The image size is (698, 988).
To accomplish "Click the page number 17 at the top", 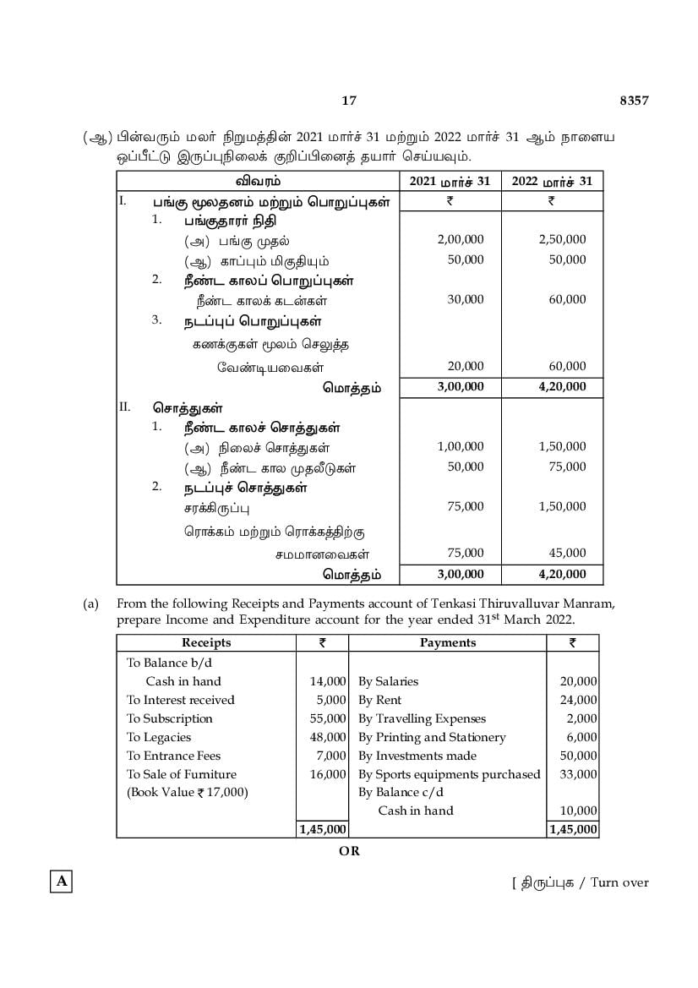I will tap(349, 101).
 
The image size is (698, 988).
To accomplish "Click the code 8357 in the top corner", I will tap(634, 101).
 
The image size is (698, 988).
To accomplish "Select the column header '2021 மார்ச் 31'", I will tap(450, 181).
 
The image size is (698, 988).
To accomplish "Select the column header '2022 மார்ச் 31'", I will tap(551, 181).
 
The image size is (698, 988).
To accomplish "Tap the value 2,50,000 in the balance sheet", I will tap(562, 239).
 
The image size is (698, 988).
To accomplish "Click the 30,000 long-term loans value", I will tap(466, 299).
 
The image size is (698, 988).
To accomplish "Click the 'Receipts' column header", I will tap(206, 642).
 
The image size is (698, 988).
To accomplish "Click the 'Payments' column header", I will tap(447, 642).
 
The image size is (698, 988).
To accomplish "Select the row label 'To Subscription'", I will tap(170, 718).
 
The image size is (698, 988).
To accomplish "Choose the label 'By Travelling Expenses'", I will tap(422, 718).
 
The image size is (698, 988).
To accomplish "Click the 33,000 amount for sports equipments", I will tap(579, 774).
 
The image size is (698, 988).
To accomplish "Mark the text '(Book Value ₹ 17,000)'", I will tap(188, 793).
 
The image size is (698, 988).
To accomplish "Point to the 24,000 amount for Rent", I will tap(579, 700).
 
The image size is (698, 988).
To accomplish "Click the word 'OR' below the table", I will tap(349, 851).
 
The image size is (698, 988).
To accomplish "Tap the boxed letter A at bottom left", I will tap(60, 882).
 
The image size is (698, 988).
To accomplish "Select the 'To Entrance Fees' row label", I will tap(173, 756).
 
